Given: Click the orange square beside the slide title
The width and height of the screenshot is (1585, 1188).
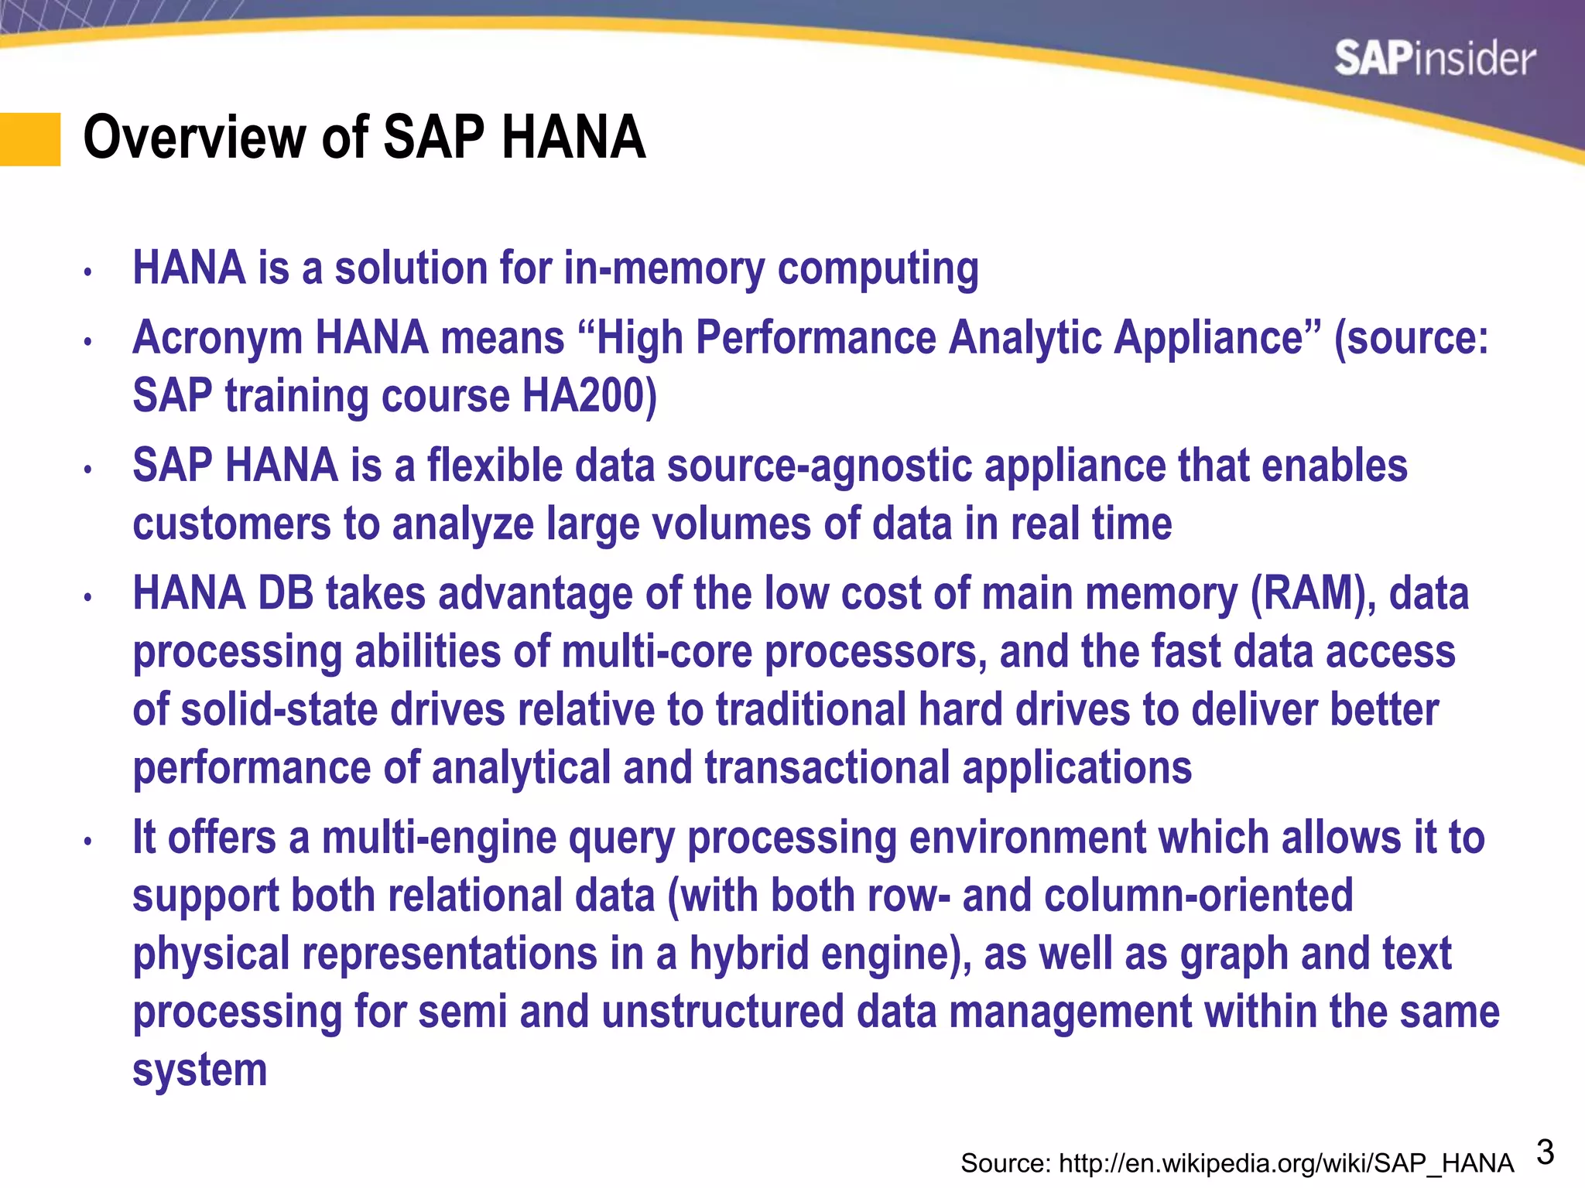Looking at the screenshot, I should coord(30,139).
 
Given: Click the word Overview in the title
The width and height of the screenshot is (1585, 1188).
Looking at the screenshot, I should coord(194,138).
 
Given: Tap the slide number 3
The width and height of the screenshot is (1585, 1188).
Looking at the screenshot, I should coord(1545,1152).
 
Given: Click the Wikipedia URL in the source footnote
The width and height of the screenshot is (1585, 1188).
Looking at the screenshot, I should coord(1285,1163).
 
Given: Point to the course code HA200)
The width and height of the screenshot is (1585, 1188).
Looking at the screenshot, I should coord(589,396).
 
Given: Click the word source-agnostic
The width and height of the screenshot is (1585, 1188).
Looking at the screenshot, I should coord(820,466).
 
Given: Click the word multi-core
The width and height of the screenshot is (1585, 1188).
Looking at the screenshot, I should coord(657,652).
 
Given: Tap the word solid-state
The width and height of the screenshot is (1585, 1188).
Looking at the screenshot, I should coord(279,710).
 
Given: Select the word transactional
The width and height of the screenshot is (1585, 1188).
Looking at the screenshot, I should coord(827,768).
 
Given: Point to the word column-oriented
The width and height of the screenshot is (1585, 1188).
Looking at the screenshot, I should coord(1198,896).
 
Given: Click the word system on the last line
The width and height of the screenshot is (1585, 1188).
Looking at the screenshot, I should coord(200,1070).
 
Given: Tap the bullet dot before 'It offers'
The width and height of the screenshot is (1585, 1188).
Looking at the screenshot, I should coord(88,841).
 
